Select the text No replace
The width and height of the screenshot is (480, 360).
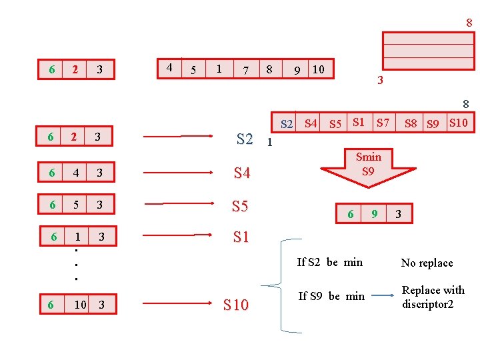point(427,263)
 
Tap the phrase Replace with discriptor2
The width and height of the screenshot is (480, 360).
point(433,297)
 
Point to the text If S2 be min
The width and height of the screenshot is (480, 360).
point(330,262)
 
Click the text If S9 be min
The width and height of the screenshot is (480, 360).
point(331,296)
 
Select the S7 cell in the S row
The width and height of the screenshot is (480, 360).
point(383,122)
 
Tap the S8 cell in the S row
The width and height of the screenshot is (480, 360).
point(411,123)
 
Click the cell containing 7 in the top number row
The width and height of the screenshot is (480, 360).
point(247,69)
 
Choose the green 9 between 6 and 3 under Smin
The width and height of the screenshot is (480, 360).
point(375,214)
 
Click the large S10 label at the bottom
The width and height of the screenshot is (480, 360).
point(236,305)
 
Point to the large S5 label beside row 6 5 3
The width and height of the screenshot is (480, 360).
point(240,206)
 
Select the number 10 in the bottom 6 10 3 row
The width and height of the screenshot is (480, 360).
point(81,305)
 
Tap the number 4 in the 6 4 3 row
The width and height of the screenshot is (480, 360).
point(76,173)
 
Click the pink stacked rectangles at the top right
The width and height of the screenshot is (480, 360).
point(428,51)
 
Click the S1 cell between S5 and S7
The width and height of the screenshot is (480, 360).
point(359,122)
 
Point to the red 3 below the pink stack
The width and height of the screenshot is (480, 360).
point(379,81)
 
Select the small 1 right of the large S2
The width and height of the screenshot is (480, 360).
point(269,141)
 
